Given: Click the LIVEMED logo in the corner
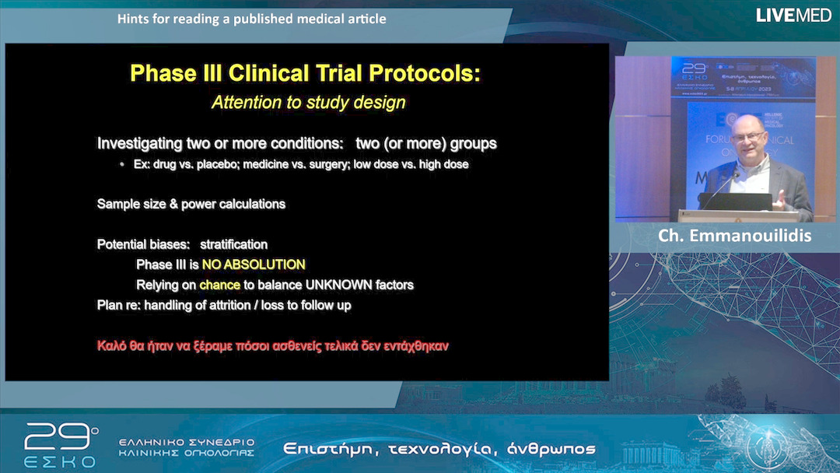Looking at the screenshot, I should (x=793, y=16).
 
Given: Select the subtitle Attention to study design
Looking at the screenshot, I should (x=309, y=102).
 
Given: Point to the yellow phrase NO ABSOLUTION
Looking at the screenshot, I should (x=254, y=265).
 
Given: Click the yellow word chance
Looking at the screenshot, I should (x=219, y=285).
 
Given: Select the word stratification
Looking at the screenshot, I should (x=233, y=244).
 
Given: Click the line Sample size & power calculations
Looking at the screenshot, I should (x=191, y=204).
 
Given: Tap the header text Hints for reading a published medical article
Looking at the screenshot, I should (x=251, y=19).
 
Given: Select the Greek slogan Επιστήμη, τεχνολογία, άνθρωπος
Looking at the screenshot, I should (x=439, y=449).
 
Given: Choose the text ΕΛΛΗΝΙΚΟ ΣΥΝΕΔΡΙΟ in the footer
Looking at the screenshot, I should (x=187, y=442).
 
